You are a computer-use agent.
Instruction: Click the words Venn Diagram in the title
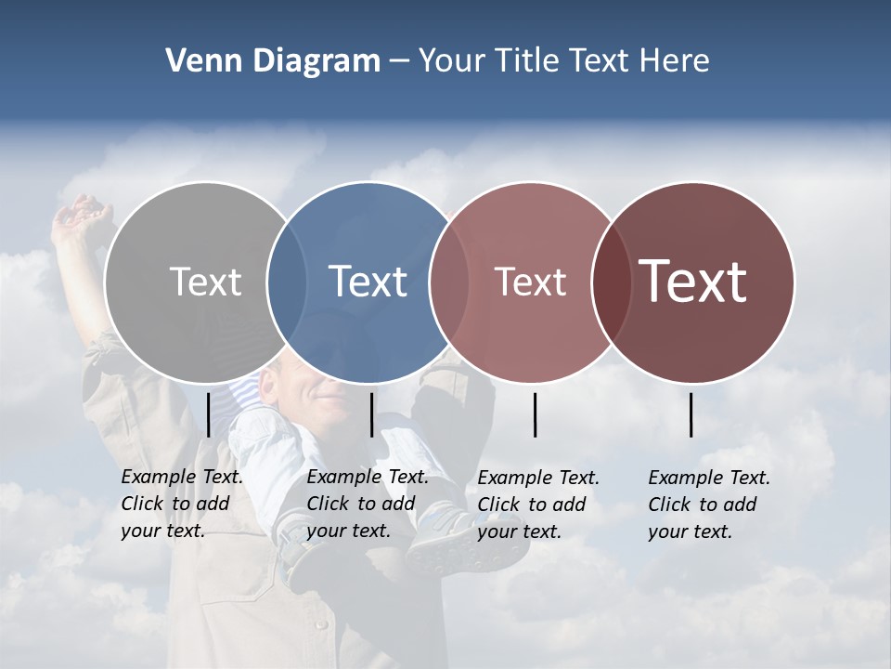(x=273, y=61)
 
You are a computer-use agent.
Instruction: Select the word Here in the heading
(x=675, y=61)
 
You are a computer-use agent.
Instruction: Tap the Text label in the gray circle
(x=205, y=282)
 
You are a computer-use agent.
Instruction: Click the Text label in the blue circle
(x=368, y=282)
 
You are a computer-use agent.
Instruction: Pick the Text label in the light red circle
(x=530, y=282)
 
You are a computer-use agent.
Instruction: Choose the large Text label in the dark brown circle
(x=693, y=281)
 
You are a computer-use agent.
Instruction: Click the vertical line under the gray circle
(x=208, y=414)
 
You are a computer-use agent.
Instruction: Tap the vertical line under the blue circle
(x=371, y=414)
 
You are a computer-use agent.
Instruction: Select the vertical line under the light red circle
(x=535, y=414)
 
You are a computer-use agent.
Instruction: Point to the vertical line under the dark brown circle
(x=691, y=414)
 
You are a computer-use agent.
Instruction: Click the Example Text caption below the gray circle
(x=181, y=504)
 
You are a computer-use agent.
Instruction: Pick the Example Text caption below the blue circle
(x=367, y=504)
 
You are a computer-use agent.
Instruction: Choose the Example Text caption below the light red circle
(x=537, y=505)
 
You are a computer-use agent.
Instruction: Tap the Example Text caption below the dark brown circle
(x=708, y=505)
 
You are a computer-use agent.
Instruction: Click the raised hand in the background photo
(x=79, y=218)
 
